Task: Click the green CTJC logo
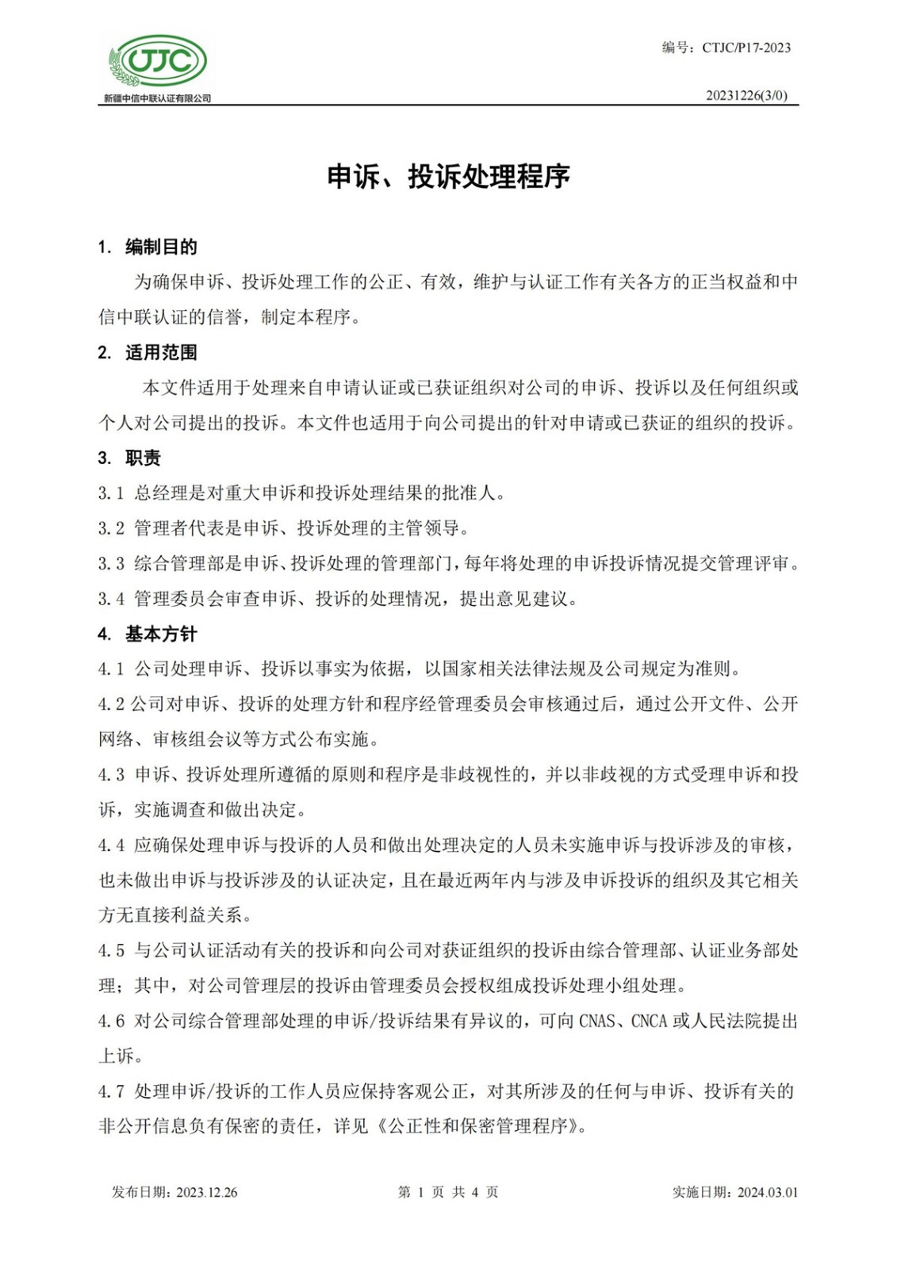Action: pyautogui.click(x=158, y=61)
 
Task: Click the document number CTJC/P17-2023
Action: pyautogui.click(x=746, y=48)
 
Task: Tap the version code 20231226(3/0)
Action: pyautogui.click(x=746, y=95)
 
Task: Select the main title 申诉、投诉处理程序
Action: pyautogui.click(x=448, y=176)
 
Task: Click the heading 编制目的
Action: pyautogui.click(x=161, y=247)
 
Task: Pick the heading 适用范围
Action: pyautogui.click(x=161, y=353)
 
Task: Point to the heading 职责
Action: pyautogui.click(x=143, y=458)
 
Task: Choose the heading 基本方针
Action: pyautogui.click(x=161, y=634)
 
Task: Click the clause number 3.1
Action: pyautogui.click(x=111, y=493)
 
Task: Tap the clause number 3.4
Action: pyautogui.click(x=111, y=599)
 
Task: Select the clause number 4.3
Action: pyautogui.click(x=111, y=775)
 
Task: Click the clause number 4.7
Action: pyautogui.click(x=111, y=1091)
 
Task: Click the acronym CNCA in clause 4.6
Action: pyautogui.click(x=649, y=1022)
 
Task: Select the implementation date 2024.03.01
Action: pyautogui.click(x=767, y=1192)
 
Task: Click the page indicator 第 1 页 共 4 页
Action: pyautogui.click(x=448, y=1192)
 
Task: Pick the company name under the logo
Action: pyautogui.click(x=157, y=98)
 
